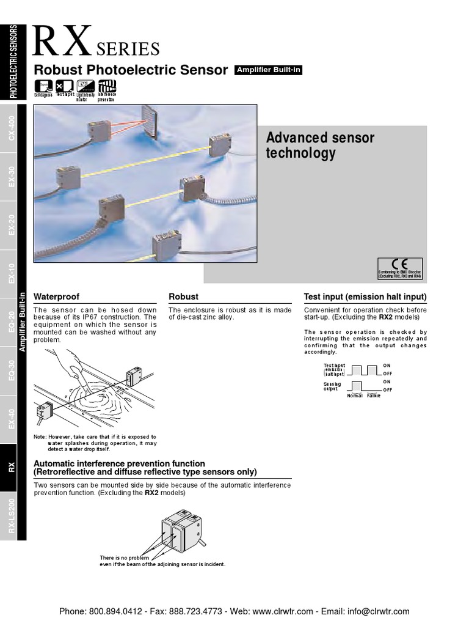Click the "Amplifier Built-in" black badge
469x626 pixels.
coord(268,70)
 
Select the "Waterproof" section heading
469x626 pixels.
coord(56,297)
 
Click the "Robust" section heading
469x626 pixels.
coord(183,297)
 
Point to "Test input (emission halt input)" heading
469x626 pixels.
coord(365,297)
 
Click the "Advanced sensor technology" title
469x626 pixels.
coord(320,145)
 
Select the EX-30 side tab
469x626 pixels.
coord(11,178)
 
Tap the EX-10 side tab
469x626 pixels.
coord(11,274)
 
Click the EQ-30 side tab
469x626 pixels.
coord(11,371)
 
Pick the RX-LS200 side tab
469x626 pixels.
coord(11,516)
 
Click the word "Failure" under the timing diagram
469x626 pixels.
coord(373,396)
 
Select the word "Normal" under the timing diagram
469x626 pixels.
coord(355,396)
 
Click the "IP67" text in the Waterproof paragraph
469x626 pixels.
coord(111,317)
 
